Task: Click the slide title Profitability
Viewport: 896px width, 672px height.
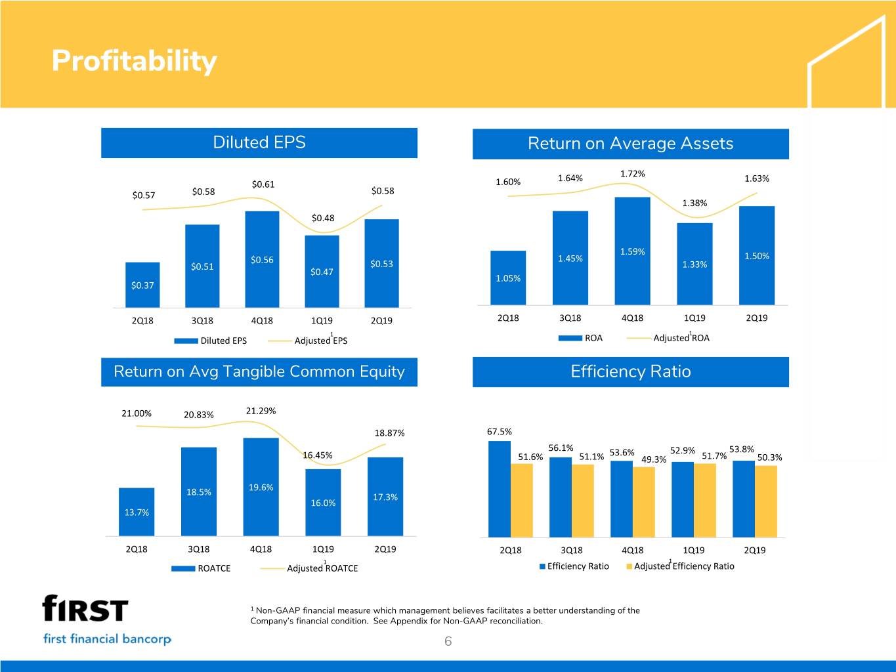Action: pos(134,61)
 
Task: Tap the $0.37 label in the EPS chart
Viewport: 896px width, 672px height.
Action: pos(142,285)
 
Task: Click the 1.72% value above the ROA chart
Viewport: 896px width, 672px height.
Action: pos(632,174)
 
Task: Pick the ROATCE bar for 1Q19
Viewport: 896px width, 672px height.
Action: pos(323,503)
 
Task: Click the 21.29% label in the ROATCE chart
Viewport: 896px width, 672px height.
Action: pos(261,411)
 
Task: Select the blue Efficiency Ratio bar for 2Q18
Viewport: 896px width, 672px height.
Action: pos(500,489)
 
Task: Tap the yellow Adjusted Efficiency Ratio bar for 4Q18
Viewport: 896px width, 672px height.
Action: pos(644,502)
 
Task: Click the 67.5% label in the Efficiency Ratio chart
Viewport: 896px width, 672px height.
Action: pos(500,432)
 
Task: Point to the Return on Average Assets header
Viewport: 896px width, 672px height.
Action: pos(630,144)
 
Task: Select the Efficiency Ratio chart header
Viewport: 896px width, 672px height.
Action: pos(630,371)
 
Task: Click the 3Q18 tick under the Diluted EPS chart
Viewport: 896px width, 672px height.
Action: pos(202,321)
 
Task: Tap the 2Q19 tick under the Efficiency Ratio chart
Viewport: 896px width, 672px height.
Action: pos(754,551)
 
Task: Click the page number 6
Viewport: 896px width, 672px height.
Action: pos(448,642)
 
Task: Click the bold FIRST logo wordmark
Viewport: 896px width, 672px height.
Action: pos(85,608)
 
